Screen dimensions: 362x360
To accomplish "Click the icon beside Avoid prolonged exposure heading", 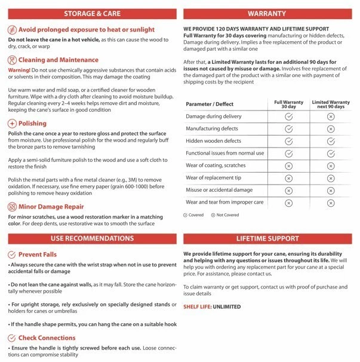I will (12, 29).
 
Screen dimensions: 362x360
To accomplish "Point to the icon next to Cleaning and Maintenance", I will (12, 60).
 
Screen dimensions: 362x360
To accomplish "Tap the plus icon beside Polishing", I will (12, 123).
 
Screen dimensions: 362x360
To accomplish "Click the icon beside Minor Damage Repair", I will (12, 207).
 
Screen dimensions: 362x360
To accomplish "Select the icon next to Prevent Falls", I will (12, 254).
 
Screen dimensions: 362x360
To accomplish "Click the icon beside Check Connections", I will (12, 338).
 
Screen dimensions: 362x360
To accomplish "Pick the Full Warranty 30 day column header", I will (288, 105).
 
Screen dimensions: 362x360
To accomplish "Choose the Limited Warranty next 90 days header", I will (331, 105).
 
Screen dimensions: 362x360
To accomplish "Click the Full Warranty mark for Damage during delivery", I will (288, 116).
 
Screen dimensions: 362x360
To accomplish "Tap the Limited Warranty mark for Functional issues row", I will (331, 154).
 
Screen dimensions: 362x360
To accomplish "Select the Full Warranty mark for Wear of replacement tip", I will (288, 178).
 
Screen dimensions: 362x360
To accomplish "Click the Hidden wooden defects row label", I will (214, 141).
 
